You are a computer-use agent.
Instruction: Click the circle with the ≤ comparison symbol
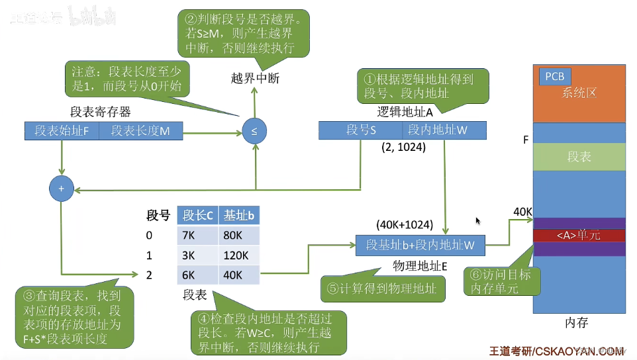254,131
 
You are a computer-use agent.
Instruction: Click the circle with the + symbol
61,189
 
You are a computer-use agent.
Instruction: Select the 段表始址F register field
62,131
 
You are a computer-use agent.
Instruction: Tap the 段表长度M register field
140,131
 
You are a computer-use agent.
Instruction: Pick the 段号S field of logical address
360,130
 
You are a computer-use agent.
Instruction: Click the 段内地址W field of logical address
437,130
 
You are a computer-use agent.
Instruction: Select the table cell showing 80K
238,236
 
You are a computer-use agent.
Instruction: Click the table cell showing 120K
238,255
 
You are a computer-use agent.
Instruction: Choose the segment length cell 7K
197,236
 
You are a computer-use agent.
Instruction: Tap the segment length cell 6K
197,275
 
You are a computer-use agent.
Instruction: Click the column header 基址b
238,215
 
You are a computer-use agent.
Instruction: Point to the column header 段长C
197,215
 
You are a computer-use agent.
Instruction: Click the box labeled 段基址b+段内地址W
420,245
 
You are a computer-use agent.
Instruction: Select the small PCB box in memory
554,77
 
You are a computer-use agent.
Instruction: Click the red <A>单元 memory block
579,235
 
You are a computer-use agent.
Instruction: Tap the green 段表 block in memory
579,157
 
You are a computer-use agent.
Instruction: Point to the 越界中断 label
255,79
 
